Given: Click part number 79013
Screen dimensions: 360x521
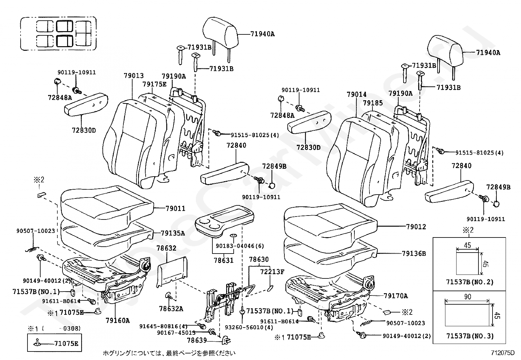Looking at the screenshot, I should (134, 76).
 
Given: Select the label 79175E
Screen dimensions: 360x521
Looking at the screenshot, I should (154, 84).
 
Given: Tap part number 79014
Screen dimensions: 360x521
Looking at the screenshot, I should (357, 95).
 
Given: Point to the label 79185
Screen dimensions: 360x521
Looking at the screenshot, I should (373, 103).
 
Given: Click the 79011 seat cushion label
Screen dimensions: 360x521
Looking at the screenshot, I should (175, 208).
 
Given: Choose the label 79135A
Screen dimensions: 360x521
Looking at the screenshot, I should (173, 233).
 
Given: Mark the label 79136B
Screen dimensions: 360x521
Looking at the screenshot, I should (414, 254).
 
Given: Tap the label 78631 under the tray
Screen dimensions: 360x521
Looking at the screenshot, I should (224, 261).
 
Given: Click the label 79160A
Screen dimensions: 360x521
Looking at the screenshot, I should (117, 320).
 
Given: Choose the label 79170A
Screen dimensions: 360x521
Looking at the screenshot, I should (396, 296).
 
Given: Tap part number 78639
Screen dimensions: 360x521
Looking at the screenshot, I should (197, 340).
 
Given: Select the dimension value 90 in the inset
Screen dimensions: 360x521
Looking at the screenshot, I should (468, 297).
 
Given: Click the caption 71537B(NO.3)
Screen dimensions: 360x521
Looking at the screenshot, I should (469, 336).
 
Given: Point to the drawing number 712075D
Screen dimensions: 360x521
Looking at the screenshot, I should (503, 353).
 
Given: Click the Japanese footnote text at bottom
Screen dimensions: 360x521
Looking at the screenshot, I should (169, 353).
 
